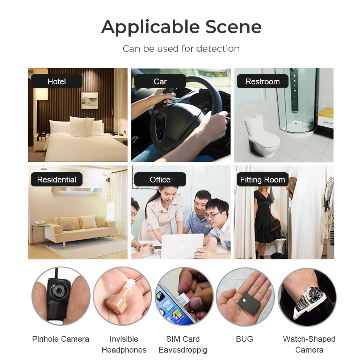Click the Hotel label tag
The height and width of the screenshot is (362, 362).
click(x=56, y=81)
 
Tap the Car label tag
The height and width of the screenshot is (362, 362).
click(x=160, y=81)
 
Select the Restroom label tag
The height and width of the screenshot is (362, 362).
click(x=262, y=81)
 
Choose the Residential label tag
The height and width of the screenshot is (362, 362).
click(x=56, y=180)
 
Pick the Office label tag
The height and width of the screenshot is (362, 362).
click(x=160, y=180)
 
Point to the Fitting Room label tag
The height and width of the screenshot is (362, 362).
click(x=262, y=180)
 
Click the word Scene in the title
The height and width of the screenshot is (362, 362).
click(x=233, y=27)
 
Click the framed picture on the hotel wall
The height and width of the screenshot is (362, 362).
click(x=89, y=100)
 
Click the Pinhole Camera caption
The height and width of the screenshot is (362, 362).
click(x=60, y=339)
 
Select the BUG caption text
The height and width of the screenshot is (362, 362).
click(x=244, y=339)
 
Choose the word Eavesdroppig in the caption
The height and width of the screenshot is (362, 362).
click(x=183, y=350)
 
